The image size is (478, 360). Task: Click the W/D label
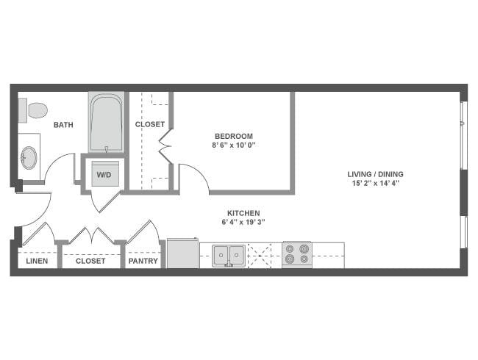pyautogui.click(x=104, y=175)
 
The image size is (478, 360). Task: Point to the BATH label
pyautogui.click(x=63, y=125)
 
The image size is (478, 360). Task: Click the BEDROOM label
pyautogui.click(x=234, y=136)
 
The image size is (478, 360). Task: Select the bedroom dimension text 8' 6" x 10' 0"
pyautogui.click(x=234, y=145)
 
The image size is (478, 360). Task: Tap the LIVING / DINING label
pyautogui.click(x=376, y=174)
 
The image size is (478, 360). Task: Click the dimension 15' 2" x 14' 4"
pyautogui.click(x=376, y=184)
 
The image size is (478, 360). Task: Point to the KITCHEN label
pyautogui.click(x=243, y=213)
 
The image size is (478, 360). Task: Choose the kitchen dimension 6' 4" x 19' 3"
pyautogui.click(x=243, y=223)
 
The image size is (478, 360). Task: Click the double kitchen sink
pyautogui.click(x=229, y=255)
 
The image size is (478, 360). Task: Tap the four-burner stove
pyautogui.click(x=296, y=254)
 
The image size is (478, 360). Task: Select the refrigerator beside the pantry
pyautogui.click(x=182, y=253)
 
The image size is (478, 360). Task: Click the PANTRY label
pyautogui.click(x=143, y=261)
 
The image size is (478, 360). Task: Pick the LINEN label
pyautogui.click(x=37, y=261)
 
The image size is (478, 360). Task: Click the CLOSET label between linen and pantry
pyautogui.click(x=90, y=261)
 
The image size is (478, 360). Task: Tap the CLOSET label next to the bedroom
pyautogui.click(x=150, y=125)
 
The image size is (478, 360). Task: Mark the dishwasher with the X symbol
pyautogui.click(x=259, y=254)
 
